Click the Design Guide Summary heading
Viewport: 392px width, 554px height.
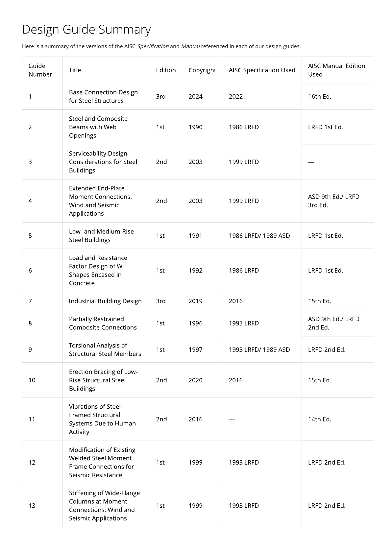point(86,30)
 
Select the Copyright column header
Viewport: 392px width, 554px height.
point(202,70)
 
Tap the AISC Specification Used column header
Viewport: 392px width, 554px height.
point(262,70)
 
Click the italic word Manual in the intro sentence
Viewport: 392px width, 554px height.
point(190,46)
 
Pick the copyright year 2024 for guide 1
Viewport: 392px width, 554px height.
point(195,96)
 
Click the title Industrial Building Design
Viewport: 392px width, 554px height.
point(105,301)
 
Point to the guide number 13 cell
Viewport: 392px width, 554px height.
point(32,505)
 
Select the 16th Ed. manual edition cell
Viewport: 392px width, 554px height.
point(319,96)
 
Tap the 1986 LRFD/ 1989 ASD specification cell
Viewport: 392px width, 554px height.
point(259,235)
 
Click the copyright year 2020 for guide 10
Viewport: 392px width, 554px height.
point(195,380)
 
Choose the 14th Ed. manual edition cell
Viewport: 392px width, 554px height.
point(319,419)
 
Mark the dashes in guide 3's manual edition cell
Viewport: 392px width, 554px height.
point(311,162)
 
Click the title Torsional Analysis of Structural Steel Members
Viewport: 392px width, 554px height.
point(105,349)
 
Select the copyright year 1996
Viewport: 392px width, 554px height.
point(195,323)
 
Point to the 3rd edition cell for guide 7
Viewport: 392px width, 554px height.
point(161,301)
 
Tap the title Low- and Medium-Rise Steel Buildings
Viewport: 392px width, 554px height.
point(101,235)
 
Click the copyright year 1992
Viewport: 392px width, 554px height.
point(195,270)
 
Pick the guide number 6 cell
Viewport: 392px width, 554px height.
point(30,270)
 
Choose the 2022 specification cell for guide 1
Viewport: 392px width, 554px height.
point(235,96)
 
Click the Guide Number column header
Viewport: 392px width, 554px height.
point(40,70)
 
